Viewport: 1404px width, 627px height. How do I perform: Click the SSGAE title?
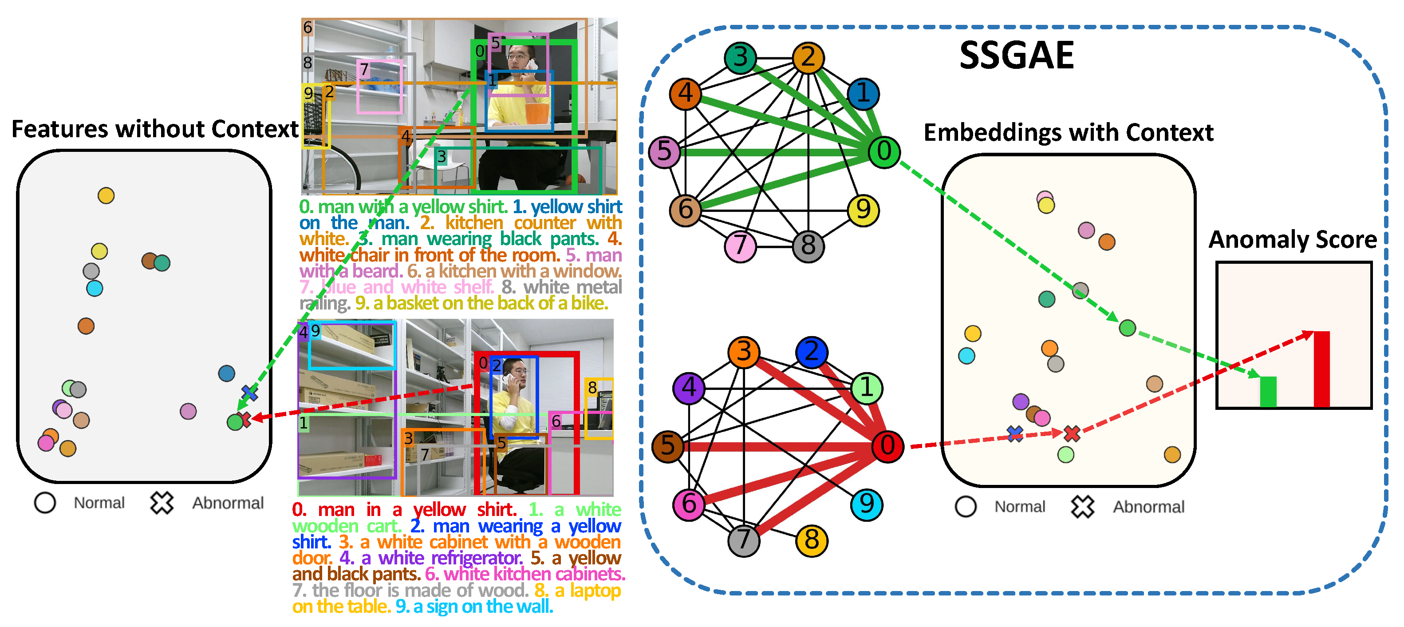pyautogui.click(x=1017, y=56)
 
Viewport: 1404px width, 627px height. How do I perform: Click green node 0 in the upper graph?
pyautogui.click(x=883, y=151)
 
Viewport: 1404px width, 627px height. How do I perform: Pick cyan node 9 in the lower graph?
pyautogui.click(x=866, y=504)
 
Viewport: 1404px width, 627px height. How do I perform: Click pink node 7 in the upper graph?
pyautogui.click(x=740, y=246)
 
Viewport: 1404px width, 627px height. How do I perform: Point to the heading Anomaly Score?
pyautogui.click(x=1292, y=240)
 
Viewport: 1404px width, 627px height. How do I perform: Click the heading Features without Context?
pyautogui.click(x=155, y=130)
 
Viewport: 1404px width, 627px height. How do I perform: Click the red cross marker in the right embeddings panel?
pyautogui.click(x=1072, y=433)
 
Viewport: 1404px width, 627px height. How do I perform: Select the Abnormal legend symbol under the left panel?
pyautogui.click(x=162, y=503)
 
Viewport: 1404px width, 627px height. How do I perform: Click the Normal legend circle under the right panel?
pyautogui.click(x=965, y=507)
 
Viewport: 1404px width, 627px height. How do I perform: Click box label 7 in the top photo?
pyautogui.click(x=364, y=69)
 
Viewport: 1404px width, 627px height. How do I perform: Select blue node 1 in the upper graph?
pyautogui.click(x=864, y=94)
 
